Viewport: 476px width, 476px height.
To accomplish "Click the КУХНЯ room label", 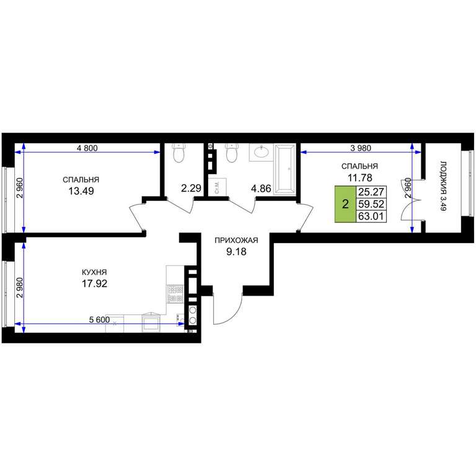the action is point(94,272).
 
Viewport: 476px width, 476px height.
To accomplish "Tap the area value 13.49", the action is point(81,192).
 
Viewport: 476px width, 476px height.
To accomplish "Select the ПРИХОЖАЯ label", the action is point(236,240).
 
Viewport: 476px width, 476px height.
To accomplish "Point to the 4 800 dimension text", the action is point(87,148).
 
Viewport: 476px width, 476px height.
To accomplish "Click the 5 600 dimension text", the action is point(99,320).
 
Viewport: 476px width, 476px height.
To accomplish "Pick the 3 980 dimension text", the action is point(361,148).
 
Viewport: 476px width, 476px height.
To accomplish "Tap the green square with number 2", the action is point(345,205).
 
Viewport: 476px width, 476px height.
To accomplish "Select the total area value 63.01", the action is point(371,216).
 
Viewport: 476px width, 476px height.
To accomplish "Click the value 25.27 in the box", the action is point(371,192).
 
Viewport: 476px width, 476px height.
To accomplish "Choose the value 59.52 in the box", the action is point(371,204).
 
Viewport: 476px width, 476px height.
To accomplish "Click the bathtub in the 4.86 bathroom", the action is point(284,169).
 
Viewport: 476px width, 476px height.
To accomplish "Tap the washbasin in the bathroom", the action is point(262,152).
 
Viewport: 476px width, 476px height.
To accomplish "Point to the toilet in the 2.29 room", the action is point(178,152).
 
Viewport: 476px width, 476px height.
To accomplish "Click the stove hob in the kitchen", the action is point(175,294).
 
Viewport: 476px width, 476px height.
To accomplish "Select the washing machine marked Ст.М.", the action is point(218,187).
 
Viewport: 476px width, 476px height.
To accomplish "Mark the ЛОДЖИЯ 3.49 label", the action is point(443,186).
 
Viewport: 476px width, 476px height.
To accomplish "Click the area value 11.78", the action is point(359,178).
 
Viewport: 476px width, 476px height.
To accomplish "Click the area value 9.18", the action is point(236,252).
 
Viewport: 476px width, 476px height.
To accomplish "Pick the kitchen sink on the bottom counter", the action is point(151,323).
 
